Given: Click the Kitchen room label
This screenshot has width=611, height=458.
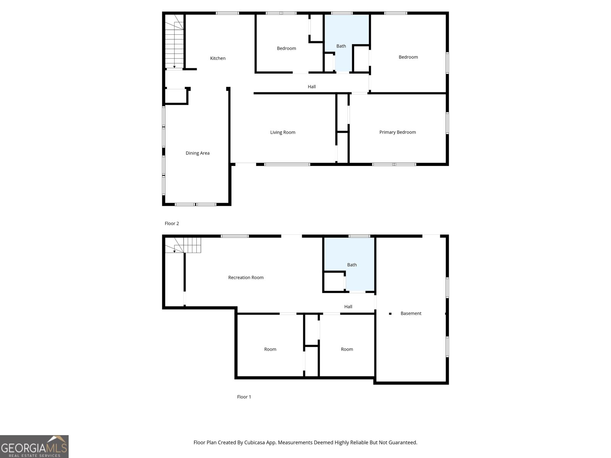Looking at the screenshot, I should [x=218, y=58].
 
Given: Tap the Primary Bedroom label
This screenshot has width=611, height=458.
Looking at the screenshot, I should [x=398, y=132].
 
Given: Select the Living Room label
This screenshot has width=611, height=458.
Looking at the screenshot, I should [x=283, y=132].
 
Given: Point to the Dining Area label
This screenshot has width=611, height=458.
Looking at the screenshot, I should [x=197, y=153].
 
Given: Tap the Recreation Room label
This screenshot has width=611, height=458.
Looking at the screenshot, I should [x=246, y=277].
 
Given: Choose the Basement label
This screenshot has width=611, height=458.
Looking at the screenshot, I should [x=411, y=313].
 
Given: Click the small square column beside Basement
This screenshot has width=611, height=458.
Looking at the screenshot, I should [x=390, y=314].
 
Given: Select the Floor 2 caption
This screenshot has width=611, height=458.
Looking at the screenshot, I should [x=172, y=224].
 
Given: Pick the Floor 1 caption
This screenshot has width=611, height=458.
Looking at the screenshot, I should [x=244, y=397].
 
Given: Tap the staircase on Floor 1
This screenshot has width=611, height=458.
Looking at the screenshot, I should [x=183, y=245].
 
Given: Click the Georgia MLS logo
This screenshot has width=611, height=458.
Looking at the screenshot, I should [x=34, y=447].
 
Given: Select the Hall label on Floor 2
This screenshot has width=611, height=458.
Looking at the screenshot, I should [x=312, y=87].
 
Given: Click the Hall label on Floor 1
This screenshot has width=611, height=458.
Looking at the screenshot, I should [x=348, y=306].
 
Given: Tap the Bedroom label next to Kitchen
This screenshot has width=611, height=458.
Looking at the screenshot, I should [x=286, y=48].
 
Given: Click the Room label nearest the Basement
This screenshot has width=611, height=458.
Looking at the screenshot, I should [x=347, y=349].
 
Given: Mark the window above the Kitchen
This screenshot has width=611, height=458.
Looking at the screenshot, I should [x=227, y=13].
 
